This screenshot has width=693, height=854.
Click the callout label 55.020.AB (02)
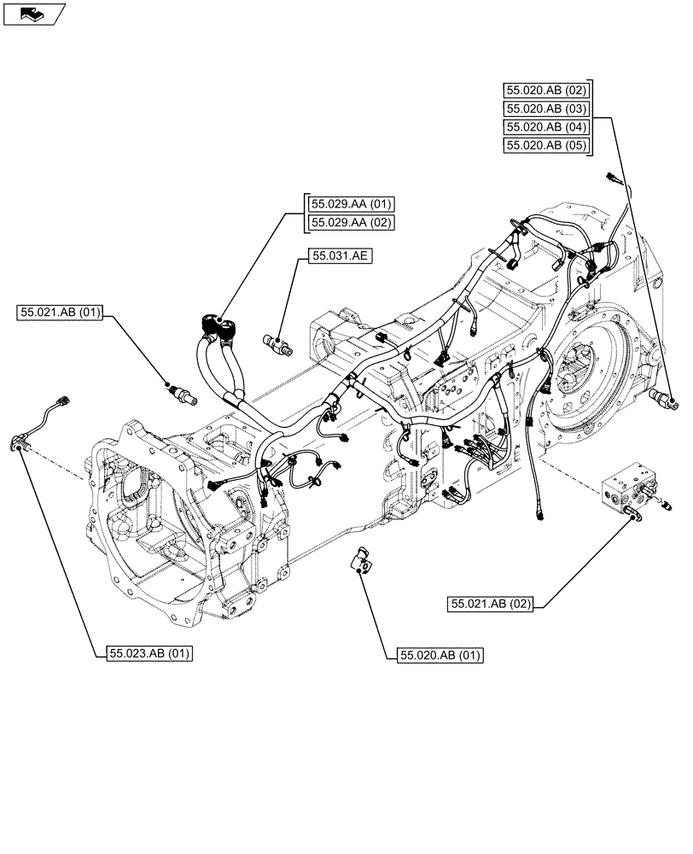pos(547,90)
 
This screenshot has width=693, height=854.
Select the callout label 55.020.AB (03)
pos(547,108)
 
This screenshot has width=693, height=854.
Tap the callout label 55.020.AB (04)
pos(547,126)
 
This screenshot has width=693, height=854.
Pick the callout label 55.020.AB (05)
pos(547,145)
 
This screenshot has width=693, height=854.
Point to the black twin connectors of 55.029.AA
pos(218,326)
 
